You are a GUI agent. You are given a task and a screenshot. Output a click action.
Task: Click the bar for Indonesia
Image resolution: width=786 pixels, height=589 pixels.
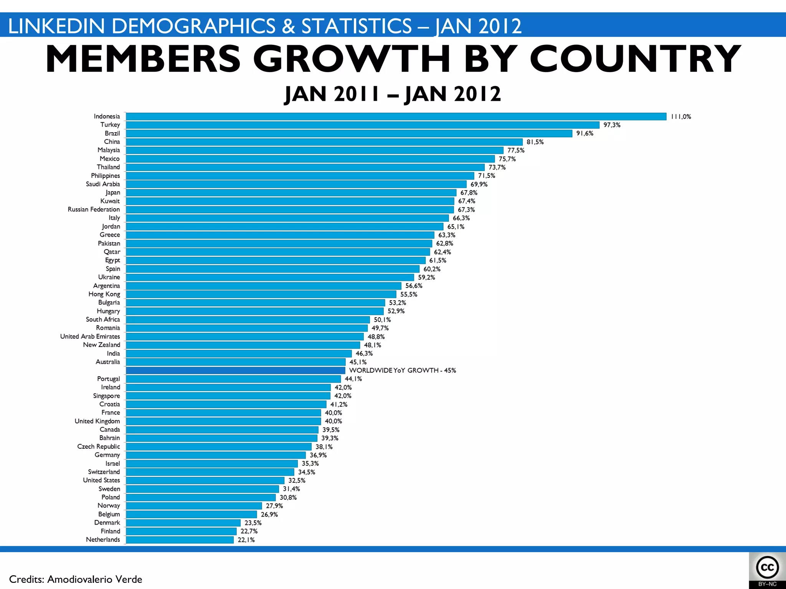395,117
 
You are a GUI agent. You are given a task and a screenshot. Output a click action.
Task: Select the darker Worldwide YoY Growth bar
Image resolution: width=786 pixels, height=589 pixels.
235,370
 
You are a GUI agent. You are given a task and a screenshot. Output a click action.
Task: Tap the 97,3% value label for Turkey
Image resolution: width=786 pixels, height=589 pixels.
612,125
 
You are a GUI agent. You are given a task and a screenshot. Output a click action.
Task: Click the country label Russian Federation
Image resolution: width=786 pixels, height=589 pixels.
94,209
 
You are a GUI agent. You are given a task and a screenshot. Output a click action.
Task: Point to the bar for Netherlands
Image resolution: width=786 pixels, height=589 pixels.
180,540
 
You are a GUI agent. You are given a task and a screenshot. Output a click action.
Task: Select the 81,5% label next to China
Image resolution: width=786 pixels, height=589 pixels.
535,142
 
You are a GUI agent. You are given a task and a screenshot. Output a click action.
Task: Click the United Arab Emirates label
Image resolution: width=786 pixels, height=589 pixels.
90,336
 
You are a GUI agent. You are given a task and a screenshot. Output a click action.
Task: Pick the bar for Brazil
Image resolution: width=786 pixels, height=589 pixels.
348,133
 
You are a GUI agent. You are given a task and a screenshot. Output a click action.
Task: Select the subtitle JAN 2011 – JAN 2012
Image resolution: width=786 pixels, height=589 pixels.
393,94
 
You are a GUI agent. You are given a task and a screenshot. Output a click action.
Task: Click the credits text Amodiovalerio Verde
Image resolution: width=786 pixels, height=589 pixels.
94,579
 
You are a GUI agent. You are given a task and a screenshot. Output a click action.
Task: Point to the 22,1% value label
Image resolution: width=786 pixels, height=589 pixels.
246,540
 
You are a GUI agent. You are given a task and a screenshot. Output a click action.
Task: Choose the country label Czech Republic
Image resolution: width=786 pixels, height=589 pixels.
98,446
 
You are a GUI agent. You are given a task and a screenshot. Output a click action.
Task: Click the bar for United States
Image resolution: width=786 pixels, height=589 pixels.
205,480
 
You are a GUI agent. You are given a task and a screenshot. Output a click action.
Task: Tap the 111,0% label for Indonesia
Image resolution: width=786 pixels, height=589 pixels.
680,117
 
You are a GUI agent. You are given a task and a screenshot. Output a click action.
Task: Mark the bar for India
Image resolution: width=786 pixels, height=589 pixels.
238,354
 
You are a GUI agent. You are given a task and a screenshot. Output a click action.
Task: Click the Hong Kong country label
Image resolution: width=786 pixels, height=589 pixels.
104,294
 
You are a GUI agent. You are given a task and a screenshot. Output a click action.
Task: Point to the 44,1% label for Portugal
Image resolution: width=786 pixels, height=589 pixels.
353,379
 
